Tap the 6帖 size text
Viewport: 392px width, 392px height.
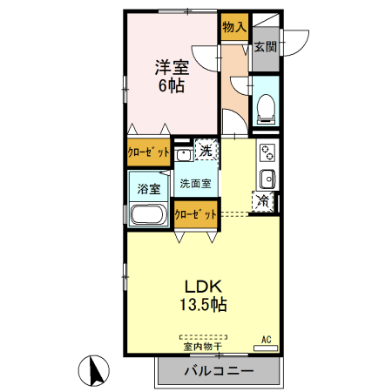171,87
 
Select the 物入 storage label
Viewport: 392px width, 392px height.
233,28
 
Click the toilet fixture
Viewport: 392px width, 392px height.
265,108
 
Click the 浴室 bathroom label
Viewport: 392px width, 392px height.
148,188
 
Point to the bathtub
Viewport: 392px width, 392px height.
149,216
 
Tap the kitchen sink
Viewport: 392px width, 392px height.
267,180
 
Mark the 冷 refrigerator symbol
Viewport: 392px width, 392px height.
262,202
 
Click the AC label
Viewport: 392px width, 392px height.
267,339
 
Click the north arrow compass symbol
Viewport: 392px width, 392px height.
94,372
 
